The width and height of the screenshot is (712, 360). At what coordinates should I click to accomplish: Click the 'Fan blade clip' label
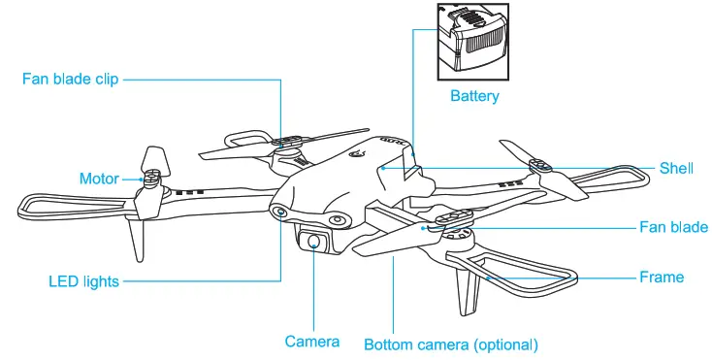(70, 80)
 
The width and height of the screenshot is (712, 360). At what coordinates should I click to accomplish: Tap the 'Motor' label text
(98, 179)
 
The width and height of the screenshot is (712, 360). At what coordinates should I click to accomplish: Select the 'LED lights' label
(83, 281)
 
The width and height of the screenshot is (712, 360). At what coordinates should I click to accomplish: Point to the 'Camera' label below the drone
(311, 342)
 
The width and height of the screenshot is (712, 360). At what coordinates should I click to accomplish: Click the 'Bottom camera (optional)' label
(450, 344)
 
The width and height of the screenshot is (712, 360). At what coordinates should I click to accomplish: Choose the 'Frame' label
(661, 278)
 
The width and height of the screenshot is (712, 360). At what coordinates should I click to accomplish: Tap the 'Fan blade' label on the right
(673, 228)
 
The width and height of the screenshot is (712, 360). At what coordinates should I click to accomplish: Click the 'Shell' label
(676, 168)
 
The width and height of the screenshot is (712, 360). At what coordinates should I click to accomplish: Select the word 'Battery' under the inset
(474, 96)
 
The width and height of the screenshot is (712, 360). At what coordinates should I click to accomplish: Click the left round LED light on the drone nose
(278, 211)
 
